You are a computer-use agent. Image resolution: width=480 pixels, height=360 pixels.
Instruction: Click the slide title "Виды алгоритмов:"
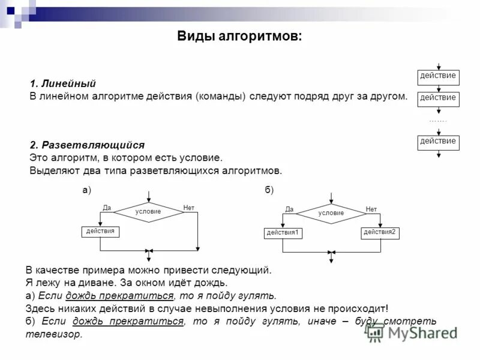[239, 37]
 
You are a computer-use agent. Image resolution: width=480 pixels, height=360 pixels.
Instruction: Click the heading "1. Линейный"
[62, 84]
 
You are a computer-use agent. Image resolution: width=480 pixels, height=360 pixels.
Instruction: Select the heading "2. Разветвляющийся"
[87, 145]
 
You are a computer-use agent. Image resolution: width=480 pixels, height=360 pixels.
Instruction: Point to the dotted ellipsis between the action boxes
[438, 121]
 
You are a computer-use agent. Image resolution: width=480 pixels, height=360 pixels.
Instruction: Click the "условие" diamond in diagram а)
[148, 212]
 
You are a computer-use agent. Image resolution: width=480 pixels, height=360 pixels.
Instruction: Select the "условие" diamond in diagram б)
[331, 213]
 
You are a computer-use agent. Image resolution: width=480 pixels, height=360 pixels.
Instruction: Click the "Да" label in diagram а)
[107, 208]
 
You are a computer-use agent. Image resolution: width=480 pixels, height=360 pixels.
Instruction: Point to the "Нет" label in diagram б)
[371, 209]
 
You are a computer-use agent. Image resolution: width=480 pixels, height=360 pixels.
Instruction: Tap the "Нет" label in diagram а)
[189, 208]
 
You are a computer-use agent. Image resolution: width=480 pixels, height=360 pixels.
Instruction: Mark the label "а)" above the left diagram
[86, 190]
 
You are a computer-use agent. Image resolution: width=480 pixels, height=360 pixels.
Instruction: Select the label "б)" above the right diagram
[269, 190]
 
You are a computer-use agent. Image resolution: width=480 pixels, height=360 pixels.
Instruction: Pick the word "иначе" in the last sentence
[322, 322]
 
